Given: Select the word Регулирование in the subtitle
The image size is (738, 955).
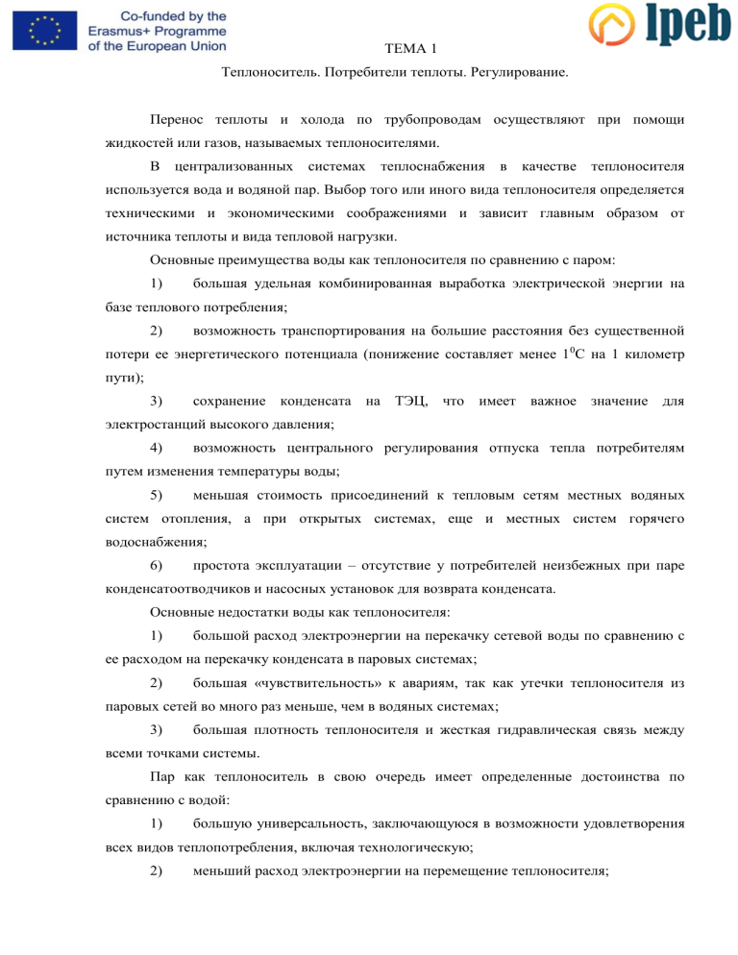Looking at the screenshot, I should pyautogui.click(x=520, y=73).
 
